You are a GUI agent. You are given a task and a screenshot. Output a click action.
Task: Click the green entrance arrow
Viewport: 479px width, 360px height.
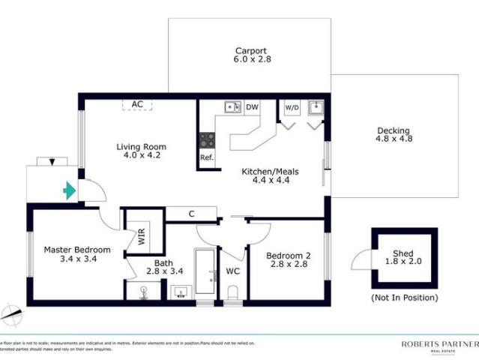[69, 191]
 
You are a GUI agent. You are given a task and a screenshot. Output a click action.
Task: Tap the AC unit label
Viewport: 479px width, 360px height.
[137, 104]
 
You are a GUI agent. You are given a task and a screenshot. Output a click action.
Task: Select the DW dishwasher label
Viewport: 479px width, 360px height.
[253, 107]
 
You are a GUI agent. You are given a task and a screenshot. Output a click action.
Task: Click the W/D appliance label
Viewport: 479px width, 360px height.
[292, 107]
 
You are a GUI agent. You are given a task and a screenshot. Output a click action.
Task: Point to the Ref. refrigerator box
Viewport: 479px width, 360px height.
[206, 157]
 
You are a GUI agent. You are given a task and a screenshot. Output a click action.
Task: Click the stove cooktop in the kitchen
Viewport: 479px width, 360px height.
[207, 139]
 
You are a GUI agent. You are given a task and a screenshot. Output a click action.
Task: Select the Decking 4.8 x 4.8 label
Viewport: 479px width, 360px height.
[394, 134]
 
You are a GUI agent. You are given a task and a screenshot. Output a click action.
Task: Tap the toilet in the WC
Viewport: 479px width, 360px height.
[232, 292]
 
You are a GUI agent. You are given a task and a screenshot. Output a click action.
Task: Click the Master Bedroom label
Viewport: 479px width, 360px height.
[77, 254]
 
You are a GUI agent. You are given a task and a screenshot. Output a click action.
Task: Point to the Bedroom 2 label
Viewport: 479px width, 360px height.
[288, 260]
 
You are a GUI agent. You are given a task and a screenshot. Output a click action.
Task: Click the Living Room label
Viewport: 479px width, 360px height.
[141, 151]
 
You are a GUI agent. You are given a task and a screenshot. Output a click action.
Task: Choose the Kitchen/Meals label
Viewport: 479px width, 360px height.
[270, 176]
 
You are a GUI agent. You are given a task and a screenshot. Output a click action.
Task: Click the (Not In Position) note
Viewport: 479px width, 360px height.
[404, 298]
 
